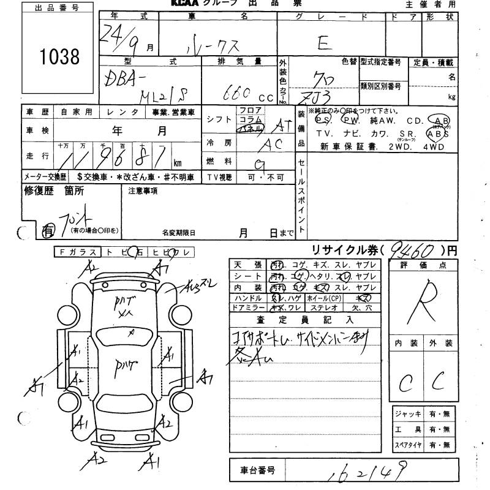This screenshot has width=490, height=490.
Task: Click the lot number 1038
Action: (59, 57)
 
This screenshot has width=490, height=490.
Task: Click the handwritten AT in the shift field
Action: (281, 126)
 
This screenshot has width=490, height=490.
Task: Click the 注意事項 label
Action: (143, 190)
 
